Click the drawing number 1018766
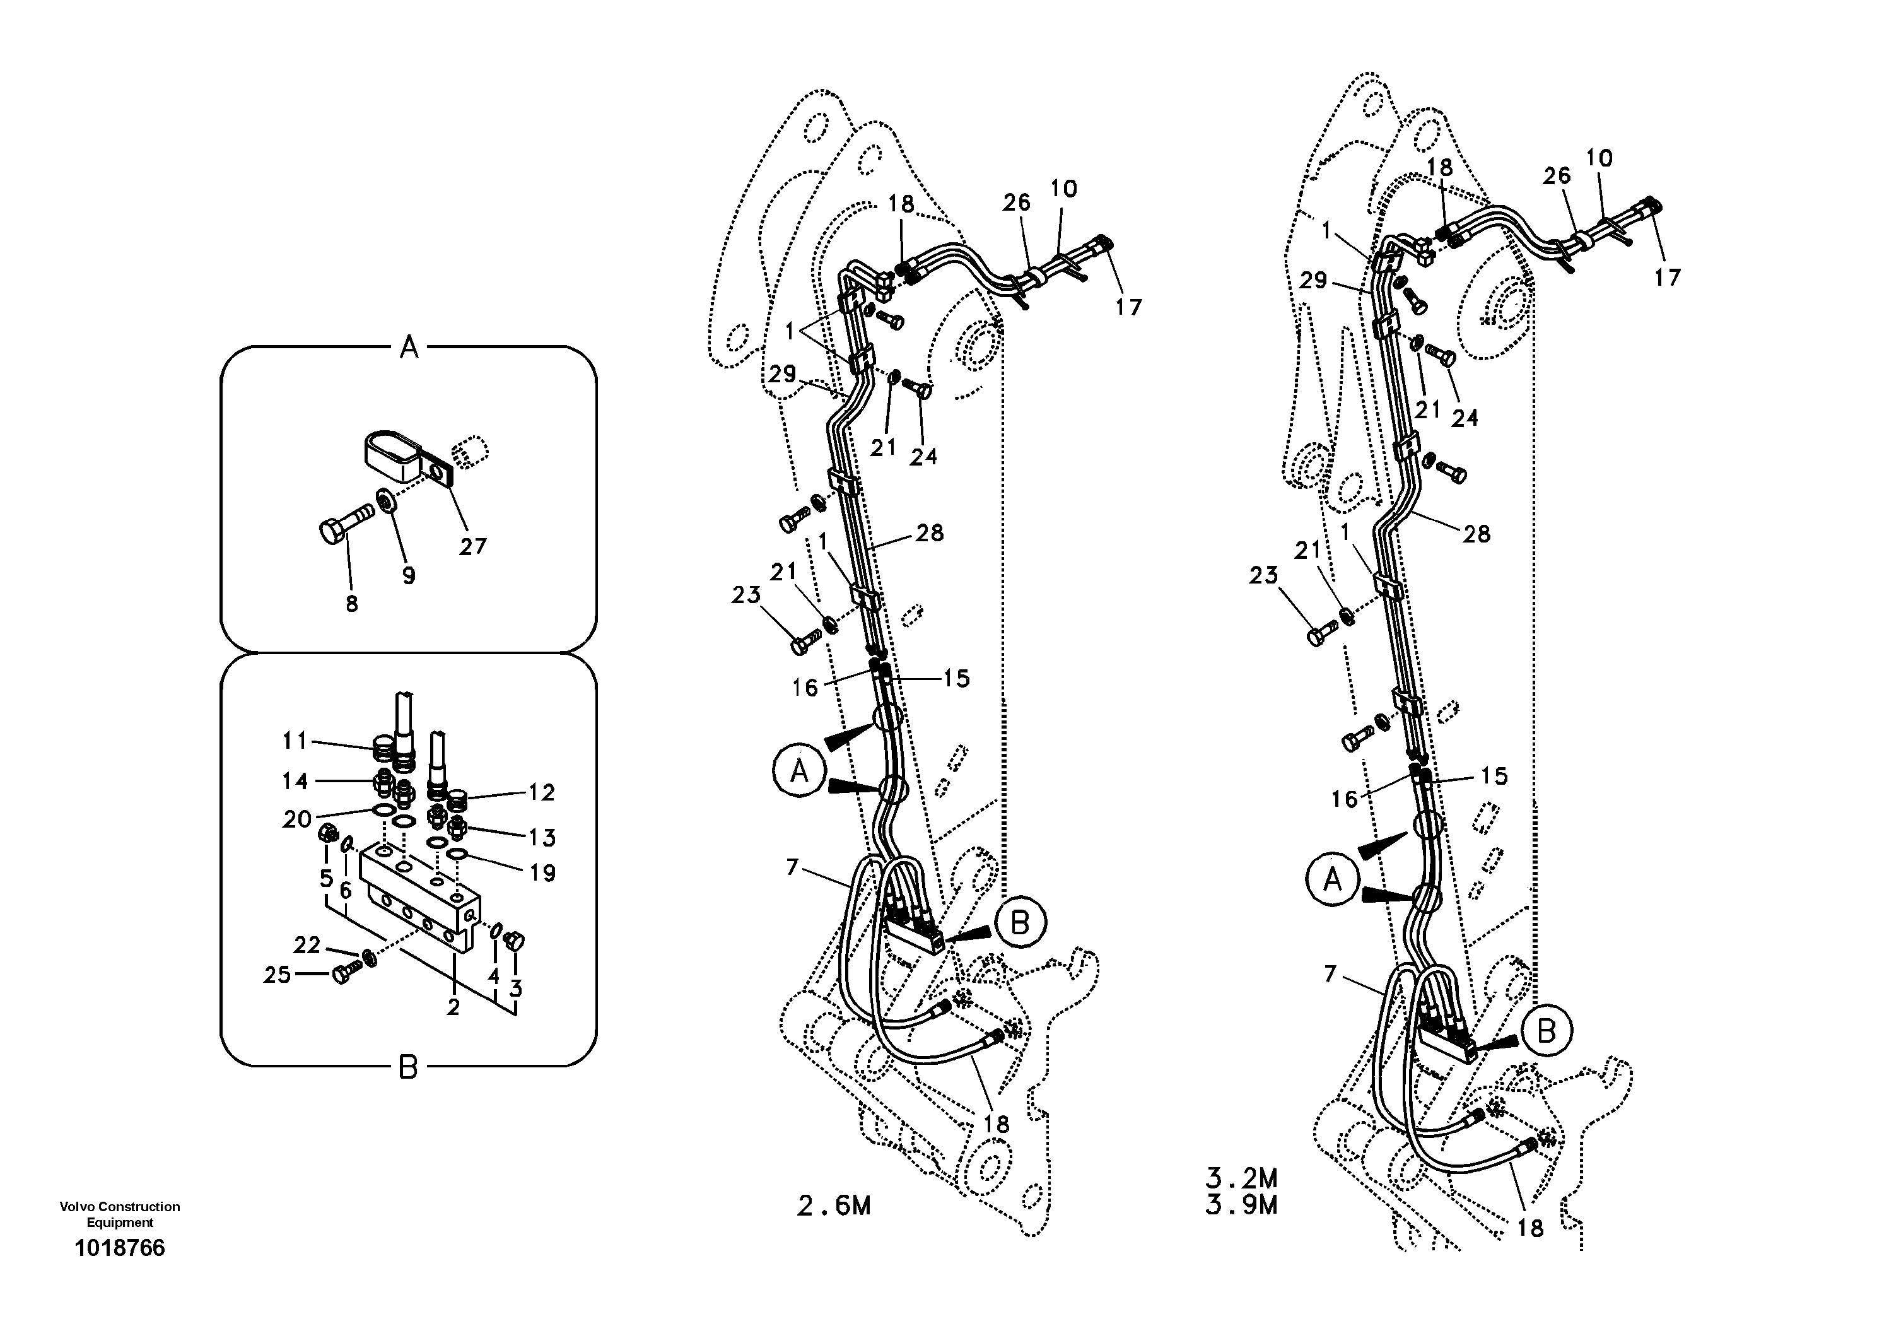[119, 1248]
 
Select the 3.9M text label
[1241, 1205]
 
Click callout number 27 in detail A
[472, 546]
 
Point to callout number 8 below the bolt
[351, 604]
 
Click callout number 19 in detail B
[542, 873]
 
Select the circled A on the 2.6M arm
[798, 771]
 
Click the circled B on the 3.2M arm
[1546, 1031]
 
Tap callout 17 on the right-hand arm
[1667, 278]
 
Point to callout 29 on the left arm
[781, 375]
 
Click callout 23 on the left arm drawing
[746, 595]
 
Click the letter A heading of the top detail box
[409, 348]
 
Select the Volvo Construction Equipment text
[119, 1214]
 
